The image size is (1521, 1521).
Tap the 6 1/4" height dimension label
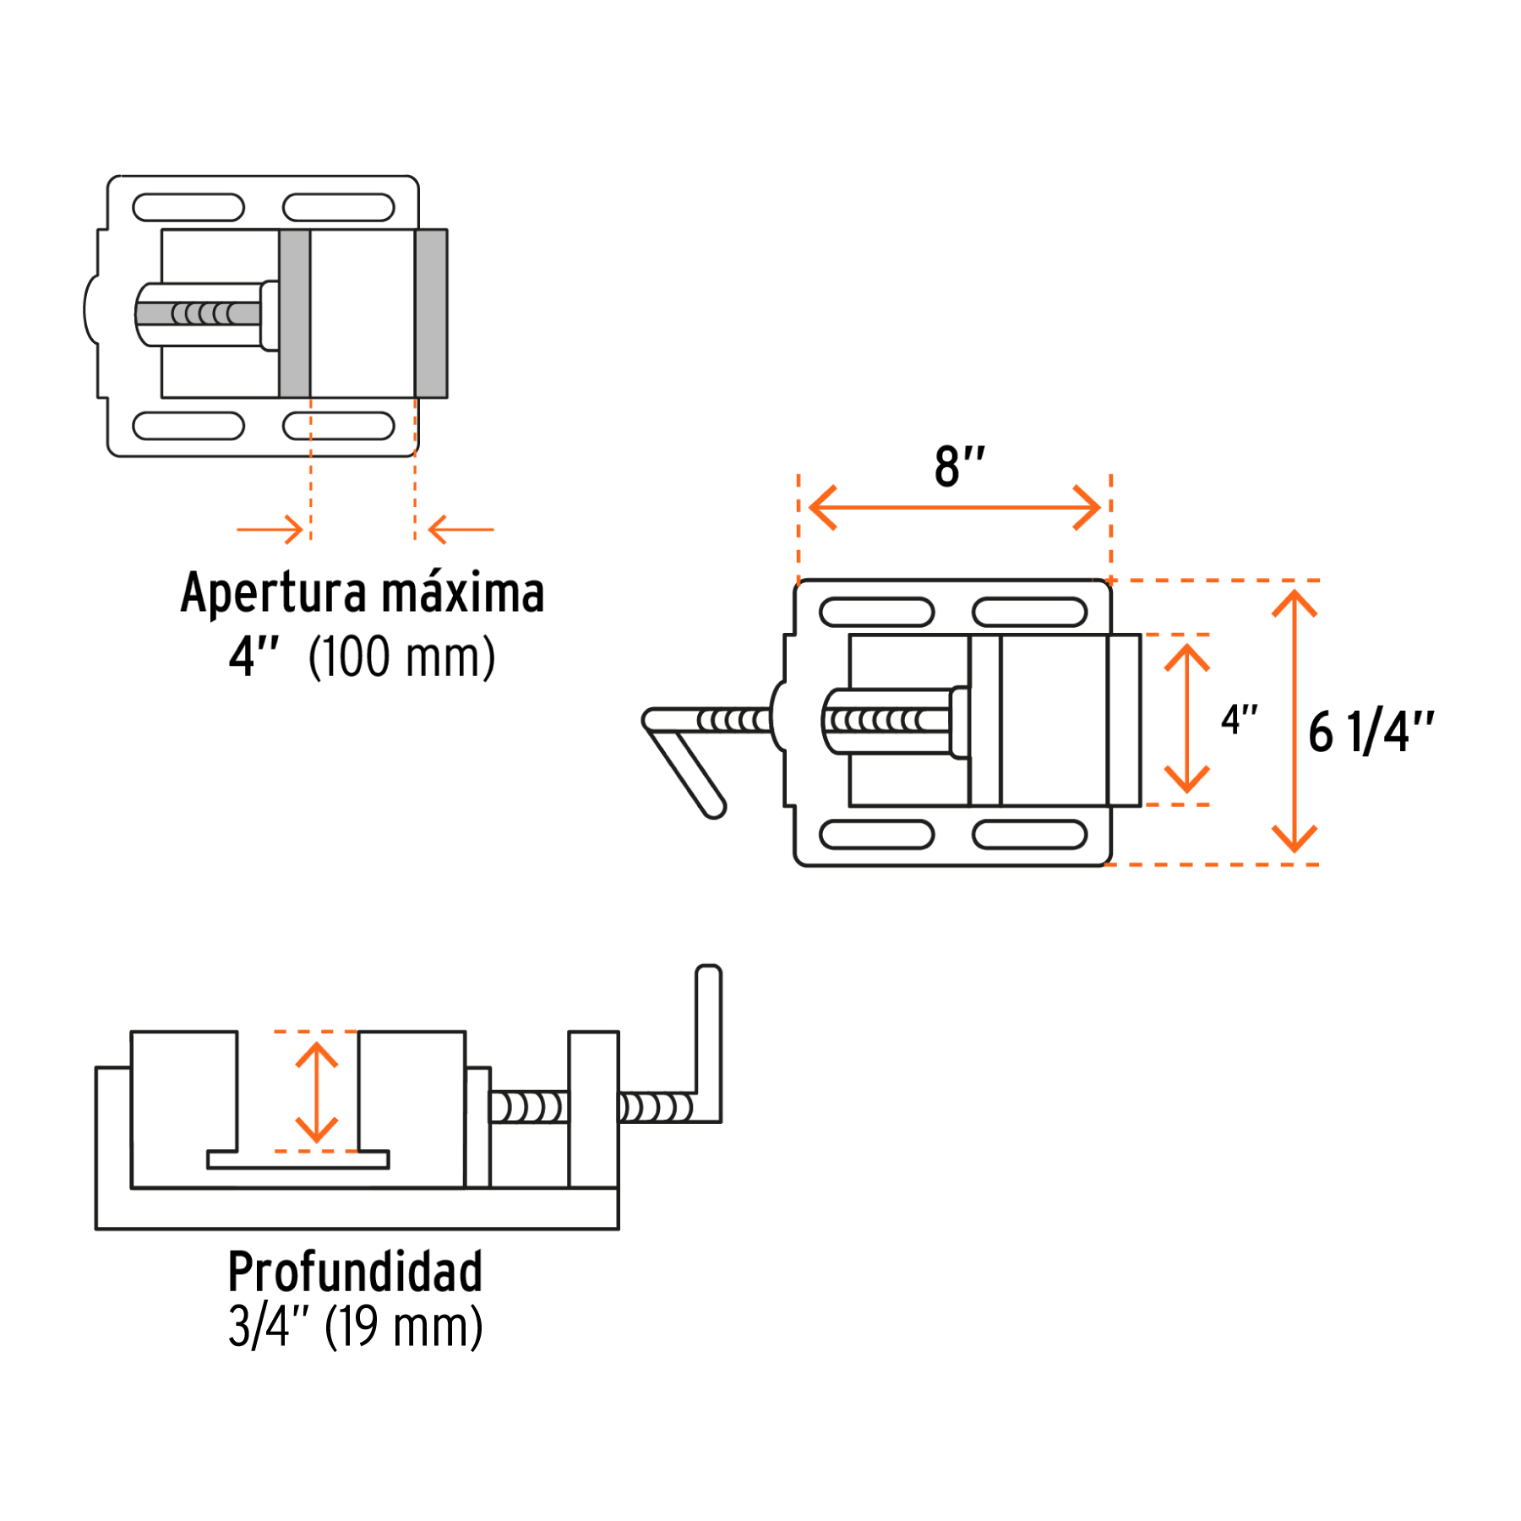coord(1371,732)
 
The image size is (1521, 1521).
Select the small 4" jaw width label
coord(1239,720)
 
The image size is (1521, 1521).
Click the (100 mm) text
coord(401,657)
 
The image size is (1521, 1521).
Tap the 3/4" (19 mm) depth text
coord(355,1327)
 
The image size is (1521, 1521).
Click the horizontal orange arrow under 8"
coord(955,507)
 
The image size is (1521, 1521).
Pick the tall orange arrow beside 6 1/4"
coord(1295,722)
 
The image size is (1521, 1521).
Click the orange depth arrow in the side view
coord(317,1092)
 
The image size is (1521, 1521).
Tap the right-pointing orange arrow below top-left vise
coord(270,530)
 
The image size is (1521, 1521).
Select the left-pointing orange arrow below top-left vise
coord(461,530)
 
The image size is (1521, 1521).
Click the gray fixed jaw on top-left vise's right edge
coord(431,313)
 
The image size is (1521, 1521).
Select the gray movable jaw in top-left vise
coord(294,313)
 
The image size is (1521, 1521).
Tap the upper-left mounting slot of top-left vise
coord(188,207)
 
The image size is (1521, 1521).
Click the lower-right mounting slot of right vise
coord(1029,835)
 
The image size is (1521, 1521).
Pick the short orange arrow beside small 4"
coord(1187,718)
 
